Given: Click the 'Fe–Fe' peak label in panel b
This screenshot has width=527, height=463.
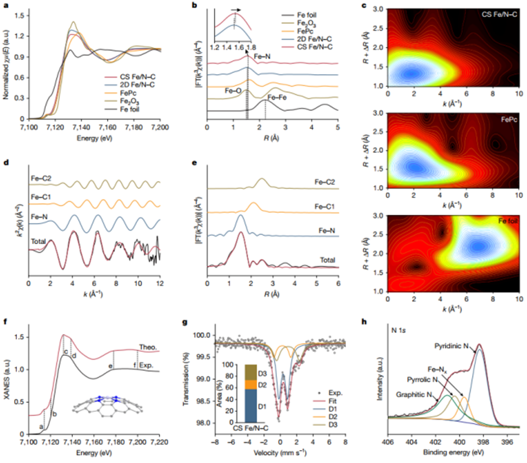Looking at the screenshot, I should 279,98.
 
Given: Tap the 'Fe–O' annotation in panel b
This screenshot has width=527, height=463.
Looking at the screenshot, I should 233,91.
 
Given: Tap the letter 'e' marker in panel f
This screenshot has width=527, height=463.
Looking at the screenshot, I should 110,366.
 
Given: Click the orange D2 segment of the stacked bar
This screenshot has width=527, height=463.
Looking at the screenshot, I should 251,384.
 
